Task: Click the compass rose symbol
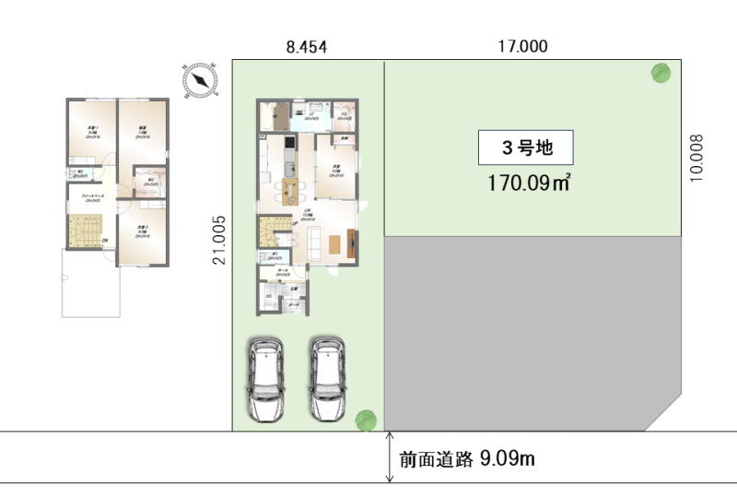tap(200, 80)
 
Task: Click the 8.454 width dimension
tap(307, 47)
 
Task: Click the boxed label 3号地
tap(526, 147)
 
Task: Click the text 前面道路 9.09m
tap(467, 457)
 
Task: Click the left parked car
tap(264, 380)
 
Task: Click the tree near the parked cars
tap(366, 420)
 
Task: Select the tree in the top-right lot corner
tap(660, 73)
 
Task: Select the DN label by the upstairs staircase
tap(105, 242)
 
